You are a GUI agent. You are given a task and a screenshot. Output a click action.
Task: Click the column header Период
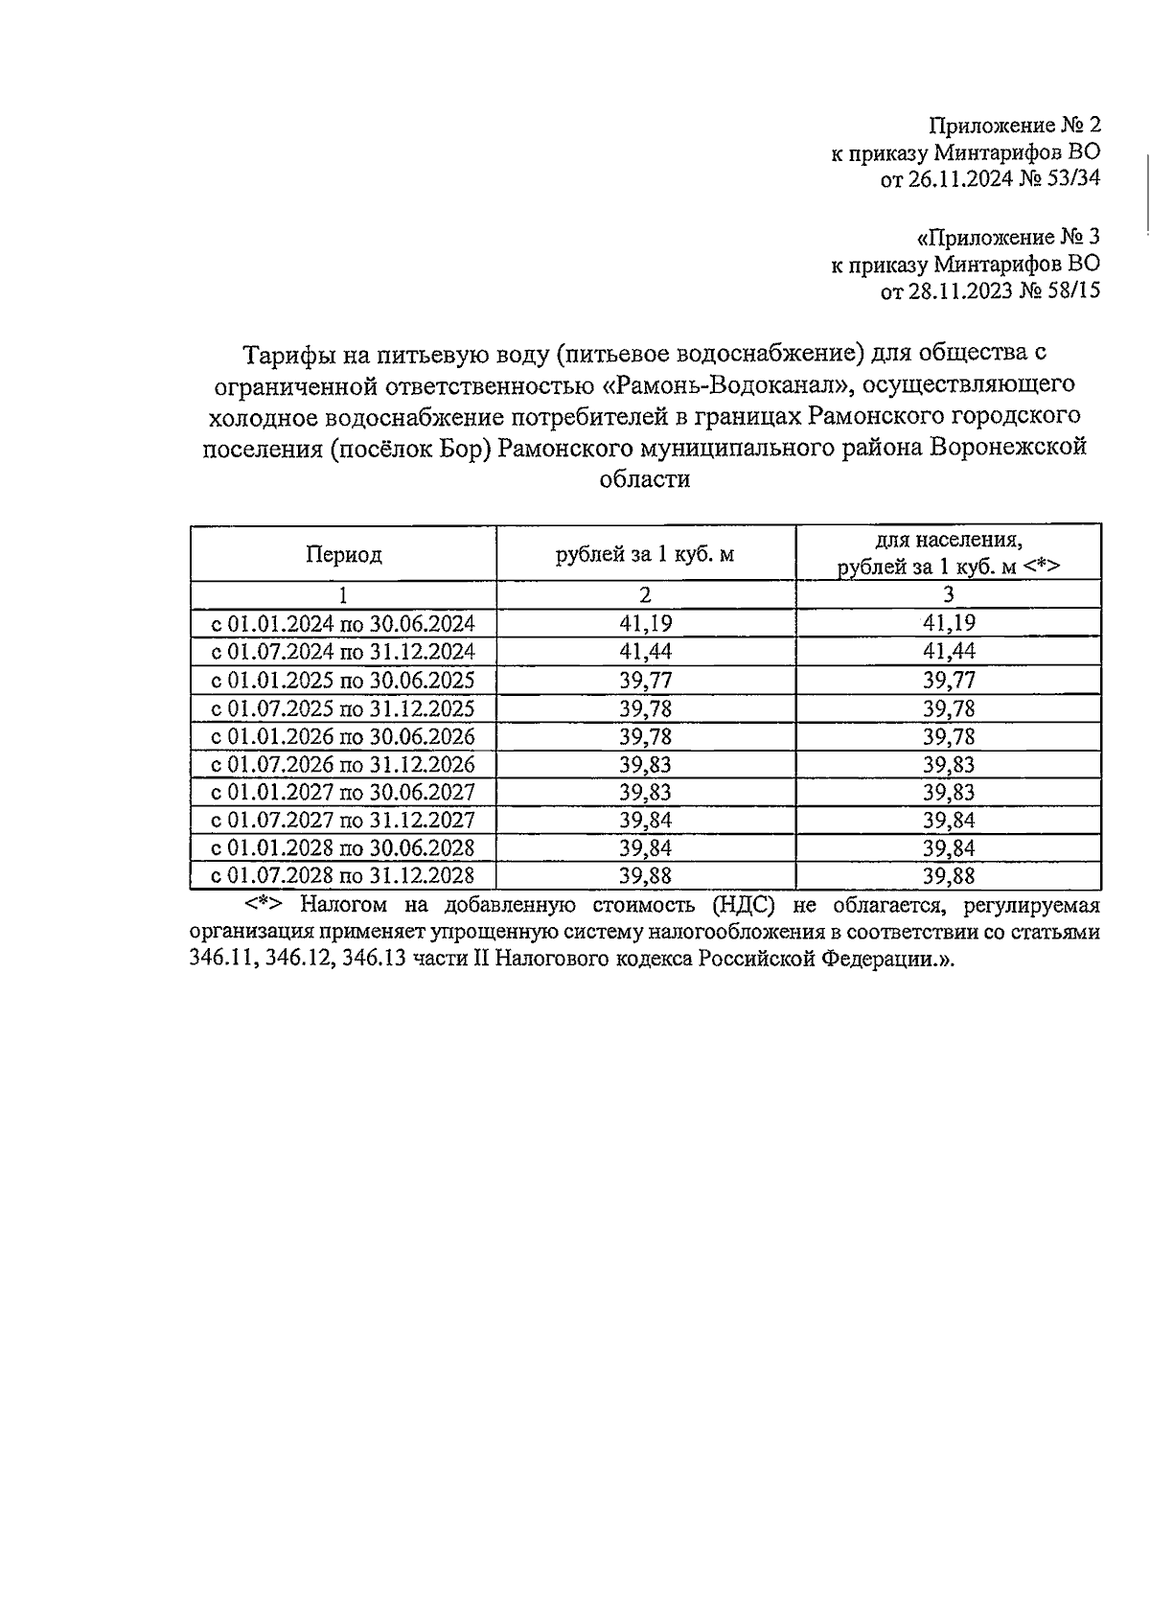point(343,554)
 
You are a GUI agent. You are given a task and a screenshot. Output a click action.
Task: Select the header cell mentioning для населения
point(948,553)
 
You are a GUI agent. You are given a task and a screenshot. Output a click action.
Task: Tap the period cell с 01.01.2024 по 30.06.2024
point(343,624)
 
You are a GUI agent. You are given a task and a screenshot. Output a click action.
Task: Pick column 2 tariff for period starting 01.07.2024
point(645,652)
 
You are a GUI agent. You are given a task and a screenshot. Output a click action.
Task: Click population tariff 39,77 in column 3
point(948,681)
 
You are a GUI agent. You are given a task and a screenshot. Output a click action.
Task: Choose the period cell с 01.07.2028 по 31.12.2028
point(343,876)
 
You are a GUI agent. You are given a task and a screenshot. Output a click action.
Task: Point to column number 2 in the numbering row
point(645,595)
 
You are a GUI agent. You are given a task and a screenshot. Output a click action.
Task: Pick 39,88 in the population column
point(948,876)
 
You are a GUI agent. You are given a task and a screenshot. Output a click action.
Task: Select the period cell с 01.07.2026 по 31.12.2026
point(343,764)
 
